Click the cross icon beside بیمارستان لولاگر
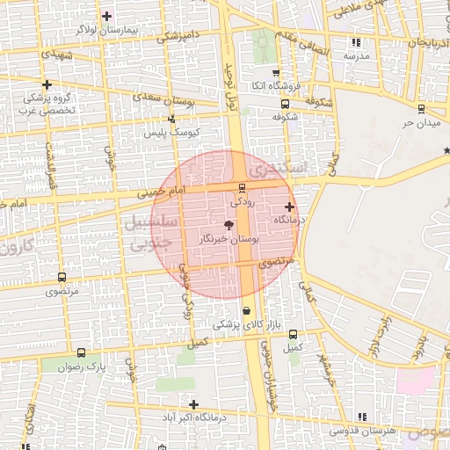[x=107, y=16]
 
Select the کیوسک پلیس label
[x=174, y=132]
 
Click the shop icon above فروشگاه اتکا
[x=276, y=73]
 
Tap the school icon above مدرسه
[x=355, y=42]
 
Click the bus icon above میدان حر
[x=420, y=109]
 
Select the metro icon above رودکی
[x=242, y=186]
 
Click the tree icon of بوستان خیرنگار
[x=230, y=225]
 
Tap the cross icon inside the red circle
[x=289, y=207]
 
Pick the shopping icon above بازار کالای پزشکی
[x=246, y=310]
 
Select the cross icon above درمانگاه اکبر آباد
[x=194, y=404]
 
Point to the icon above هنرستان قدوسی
[x=360, y=417]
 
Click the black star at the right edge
[x=446, y=151]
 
